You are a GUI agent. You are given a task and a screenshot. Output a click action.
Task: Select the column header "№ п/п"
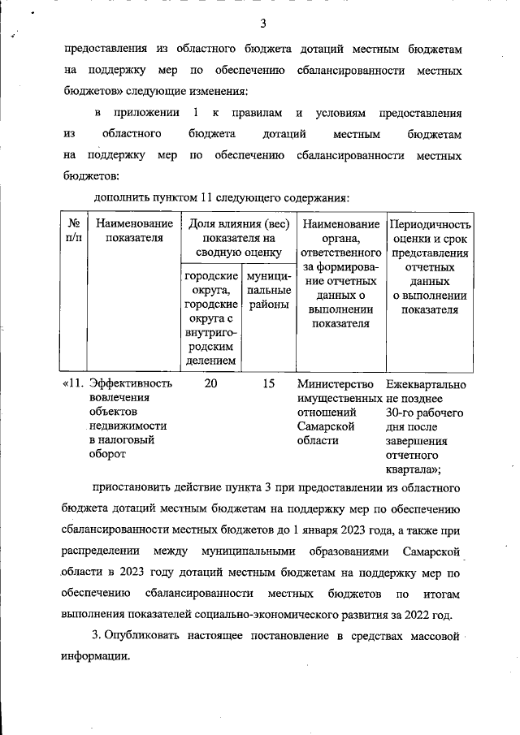coord(73,231)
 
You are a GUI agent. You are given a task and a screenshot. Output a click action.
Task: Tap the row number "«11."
coord(74,384)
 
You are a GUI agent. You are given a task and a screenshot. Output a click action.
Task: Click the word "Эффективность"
coord(130,384)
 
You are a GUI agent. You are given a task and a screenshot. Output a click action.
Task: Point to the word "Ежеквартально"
coord(427,384)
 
